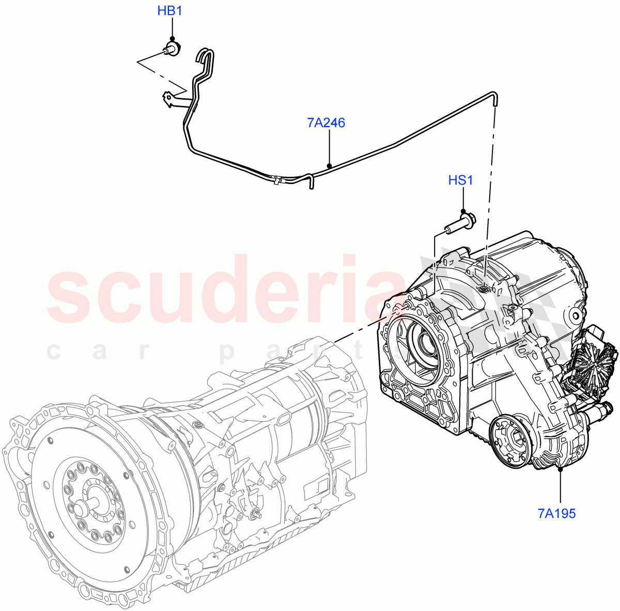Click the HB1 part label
169,10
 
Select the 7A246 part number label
326,123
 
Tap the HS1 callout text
460,180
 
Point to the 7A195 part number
556,513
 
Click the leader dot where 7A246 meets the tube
329,165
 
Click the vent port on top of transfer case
483,289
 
